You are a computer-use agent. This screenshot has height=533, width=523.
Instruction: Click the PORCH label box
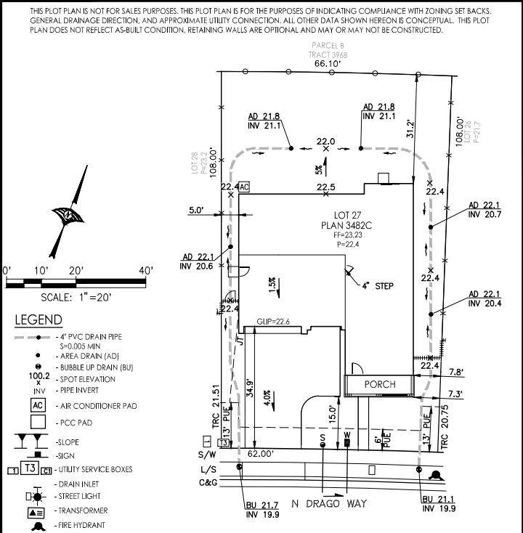pyautogui.click(x=380, y=384)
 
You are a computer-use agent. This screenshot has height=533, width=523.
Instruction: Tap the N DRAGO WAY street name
pyautogui.click(x=329, y=503)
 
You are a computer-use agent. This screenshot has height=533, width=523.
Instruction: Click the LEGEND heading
pyautogui.click(x=38, y=320)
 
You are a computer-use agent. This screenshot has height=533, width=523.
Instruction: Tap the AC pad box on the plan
pyautogui.click(x=244, y=187)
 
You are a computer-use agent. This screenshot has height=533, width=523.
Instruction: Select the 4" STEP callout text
pyautogui.click(x=378, y=286)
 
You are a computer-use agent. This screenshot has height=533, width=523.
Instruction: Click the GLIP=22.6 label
pyautogui.click(x=273, y=322)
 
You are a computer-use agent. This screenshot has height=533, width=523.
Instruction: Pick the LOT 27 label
pyautogui.click(x=346, y=215)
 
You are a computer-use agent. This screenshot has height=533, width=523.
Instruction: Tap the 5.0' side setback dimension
pyautogui.click(x=197, y=211)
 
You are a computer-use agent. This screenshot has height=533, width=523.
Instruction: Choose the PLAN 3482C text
pyautogui.click(x=346, y=225)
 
